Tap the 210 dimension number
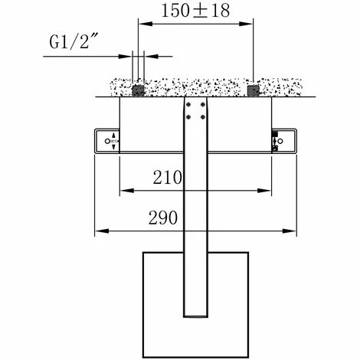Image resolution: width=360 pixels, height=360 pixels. pyautogui.click(x=167, y=178)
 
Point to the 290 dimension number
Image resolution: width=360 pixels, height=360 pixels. pyautogui.click(x=164, y=218)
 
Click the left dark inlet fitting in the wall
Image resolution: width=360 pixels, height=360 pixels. pyautogui.click(x=139, y=90)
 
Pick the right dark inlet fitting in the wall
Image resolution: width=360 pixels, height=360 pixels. pyautogui.click(x=254, y=90)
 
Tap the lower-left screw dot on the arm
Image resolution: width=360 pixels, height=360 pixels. pyautogui.click(x=189, y=116)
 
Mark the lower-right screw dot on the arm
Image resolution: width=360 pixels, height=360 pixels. pyautogui.click(x=202, y=116)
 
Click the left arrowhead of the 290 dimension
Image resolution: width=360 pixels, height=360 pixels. pyautogui.click(x=98, y=230)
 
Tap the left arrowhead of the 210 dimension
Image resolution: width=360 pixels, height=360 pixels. pyautogui.click(x=123, y=190)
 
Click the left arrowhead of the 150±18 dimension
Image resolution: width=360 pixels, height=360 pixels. pyautogui.click(x=141, y=24)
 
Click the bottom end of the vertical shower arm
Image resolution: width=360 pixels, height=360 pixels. pyautogui.click(x=195, y=317)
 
